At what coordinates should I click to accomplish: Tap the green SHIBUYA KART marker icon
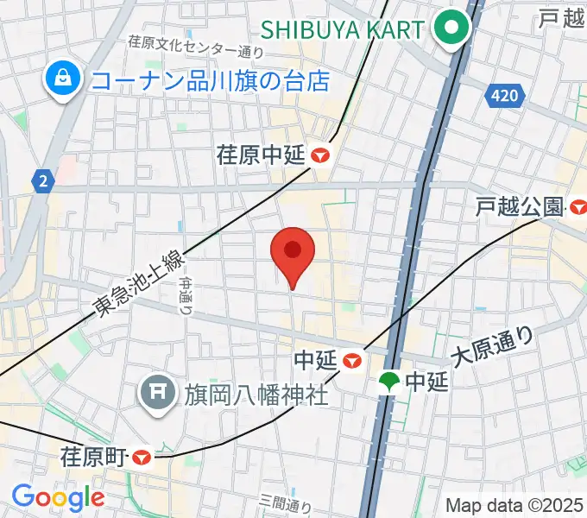tap(450, 29)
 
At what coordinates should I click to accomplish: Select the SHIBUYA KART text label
tap(343, 29)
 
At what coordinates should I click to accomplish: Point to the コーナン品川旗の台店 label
tap(211, 82)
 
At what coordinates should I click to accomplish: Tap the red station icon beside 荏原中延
tap(321, 155)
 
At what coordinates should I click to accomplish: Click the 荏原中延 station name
tap(262, 155)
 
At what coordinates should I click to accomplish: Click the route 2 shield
tap(41, 180)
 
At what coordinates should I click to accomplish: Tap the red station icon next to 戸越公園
tap(578, 207)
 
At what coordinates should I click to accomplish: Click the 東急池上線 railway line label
tap(139, 283)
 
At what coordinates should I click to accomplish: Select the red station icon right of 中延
tap(351, 358)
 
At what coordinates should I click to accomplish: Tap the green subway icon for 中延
tap(390, 381)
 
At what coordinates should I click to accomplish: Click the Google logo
tap(58, 497)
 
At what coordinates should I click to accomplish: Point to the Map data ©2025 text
tap(514, 505)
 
